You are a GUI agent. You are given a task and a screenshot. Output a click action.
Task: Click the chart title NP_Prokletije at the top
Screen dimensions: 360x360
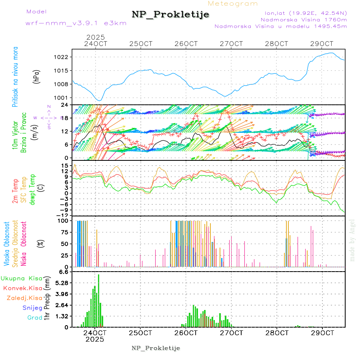(170, 15)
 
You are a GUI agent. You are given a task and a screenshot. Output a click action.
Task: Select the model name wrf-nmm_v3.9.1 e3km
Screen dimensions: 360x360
(76, 23)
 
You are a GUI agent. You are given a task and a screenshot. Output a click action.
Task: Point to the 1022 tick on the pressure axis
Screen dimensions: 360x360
(62, 57)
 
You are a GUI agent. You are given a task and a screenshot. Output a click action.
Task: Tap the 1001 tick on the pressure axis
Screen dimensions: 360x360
(62, 98)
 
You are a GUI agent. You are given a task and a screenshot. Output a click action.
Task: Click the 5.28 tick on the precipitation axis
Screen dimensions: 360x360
(62, 283)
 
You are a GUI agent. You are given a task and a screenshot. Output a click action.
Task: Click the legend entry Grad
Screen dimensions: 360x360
(34, 318)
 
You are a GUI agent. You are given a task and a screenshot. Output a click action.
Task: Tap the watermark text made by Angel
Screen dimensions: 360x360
(352, 240)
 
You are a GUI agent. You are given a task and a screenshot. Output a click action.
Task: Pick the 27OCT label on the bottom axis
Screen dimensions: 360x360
(232, 333)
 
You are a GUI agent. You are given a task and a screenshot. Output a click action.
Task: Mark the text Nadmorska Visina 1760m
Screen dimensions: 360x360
(304, 19)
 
